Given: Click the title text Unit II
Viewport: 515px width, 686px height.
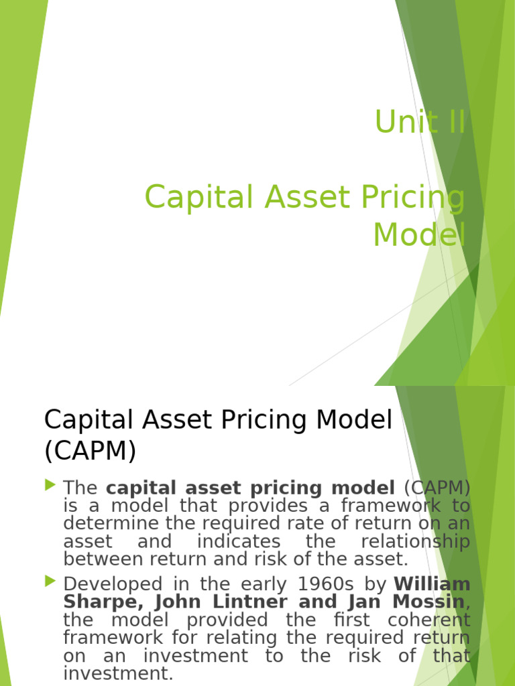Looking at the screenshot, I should tap(419, 122).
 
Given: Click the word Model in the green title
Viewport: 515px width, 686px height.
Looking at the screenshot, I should tap(418, 234).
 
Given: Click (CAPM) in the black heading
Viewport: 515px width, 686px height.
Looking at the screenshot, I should tap(90, 452).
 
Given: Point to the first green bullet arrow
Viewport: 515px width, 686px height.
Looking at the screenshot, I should tap(51, 484).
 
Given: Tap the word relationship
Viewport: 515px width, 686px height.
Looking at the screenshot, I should tap(415, 541).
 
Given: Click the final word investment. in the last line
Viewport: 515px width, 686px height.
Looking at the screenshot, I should tap(118, 673).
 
